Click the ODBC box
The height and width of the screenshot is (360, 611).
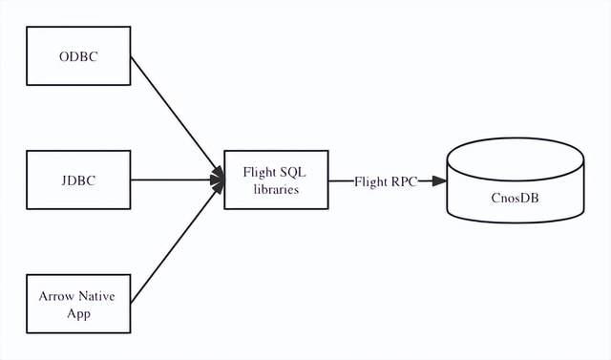pyautogui.click(x=78, y=56)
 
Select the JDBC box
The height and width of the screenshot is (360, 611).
pyautogui.click(x=78, y=180)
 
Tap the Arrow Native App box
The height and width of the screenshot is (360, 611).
pyautogui.click(x=78, y=304)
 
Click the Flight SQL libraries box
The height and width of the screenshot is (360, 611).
pyautogui.click(x=275, y=180)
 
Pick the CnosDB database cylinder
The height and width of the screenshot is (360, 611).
pyautogui.click(x=516, y=186)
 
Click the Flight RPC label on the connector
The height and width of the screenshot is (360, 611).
pyautogui.click(x=386, y=180)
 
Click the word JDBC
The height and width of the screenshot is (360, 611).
pyautogui.click(x=78, y=180)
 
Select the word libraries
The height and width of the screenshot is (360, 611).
pyautogui.click(x=276, y=189)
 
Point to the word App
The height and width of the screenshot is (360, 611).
pyautogui.click(x=78, y=312)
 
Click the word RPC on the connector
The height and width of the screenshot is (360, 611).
pyautogui.click(x=402, y=180)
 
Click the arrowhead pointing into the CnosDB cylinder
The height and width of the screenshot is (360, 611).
pyautogui.click(x=438, y=180)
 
